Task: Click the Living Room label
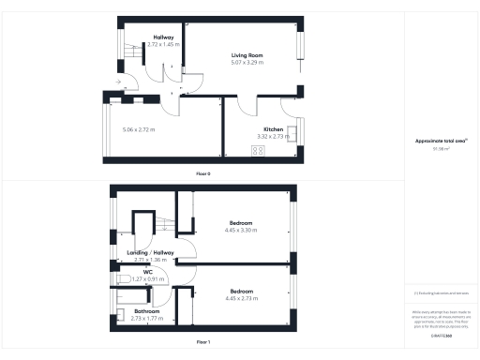tap(247, 55)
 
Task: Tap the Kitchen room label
tap(274, 128)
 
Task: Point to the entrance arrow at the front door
tap(118, 82)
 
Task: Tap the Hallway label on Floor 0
tap(164, 37)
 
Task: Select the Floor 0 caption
tap(203, 174)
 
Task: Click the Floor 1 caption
tap(203, 343)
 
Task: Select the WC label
tap(148, 272)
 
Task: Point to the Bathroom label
tap(147, 311)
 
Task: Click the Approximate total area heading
tap(434, 141)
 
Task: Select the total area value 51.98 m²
tap(434, 148)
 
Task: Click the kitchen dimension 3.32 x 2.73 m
tap(274, 136)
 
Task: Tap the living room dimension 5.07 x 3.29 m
tap(247, 63)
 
